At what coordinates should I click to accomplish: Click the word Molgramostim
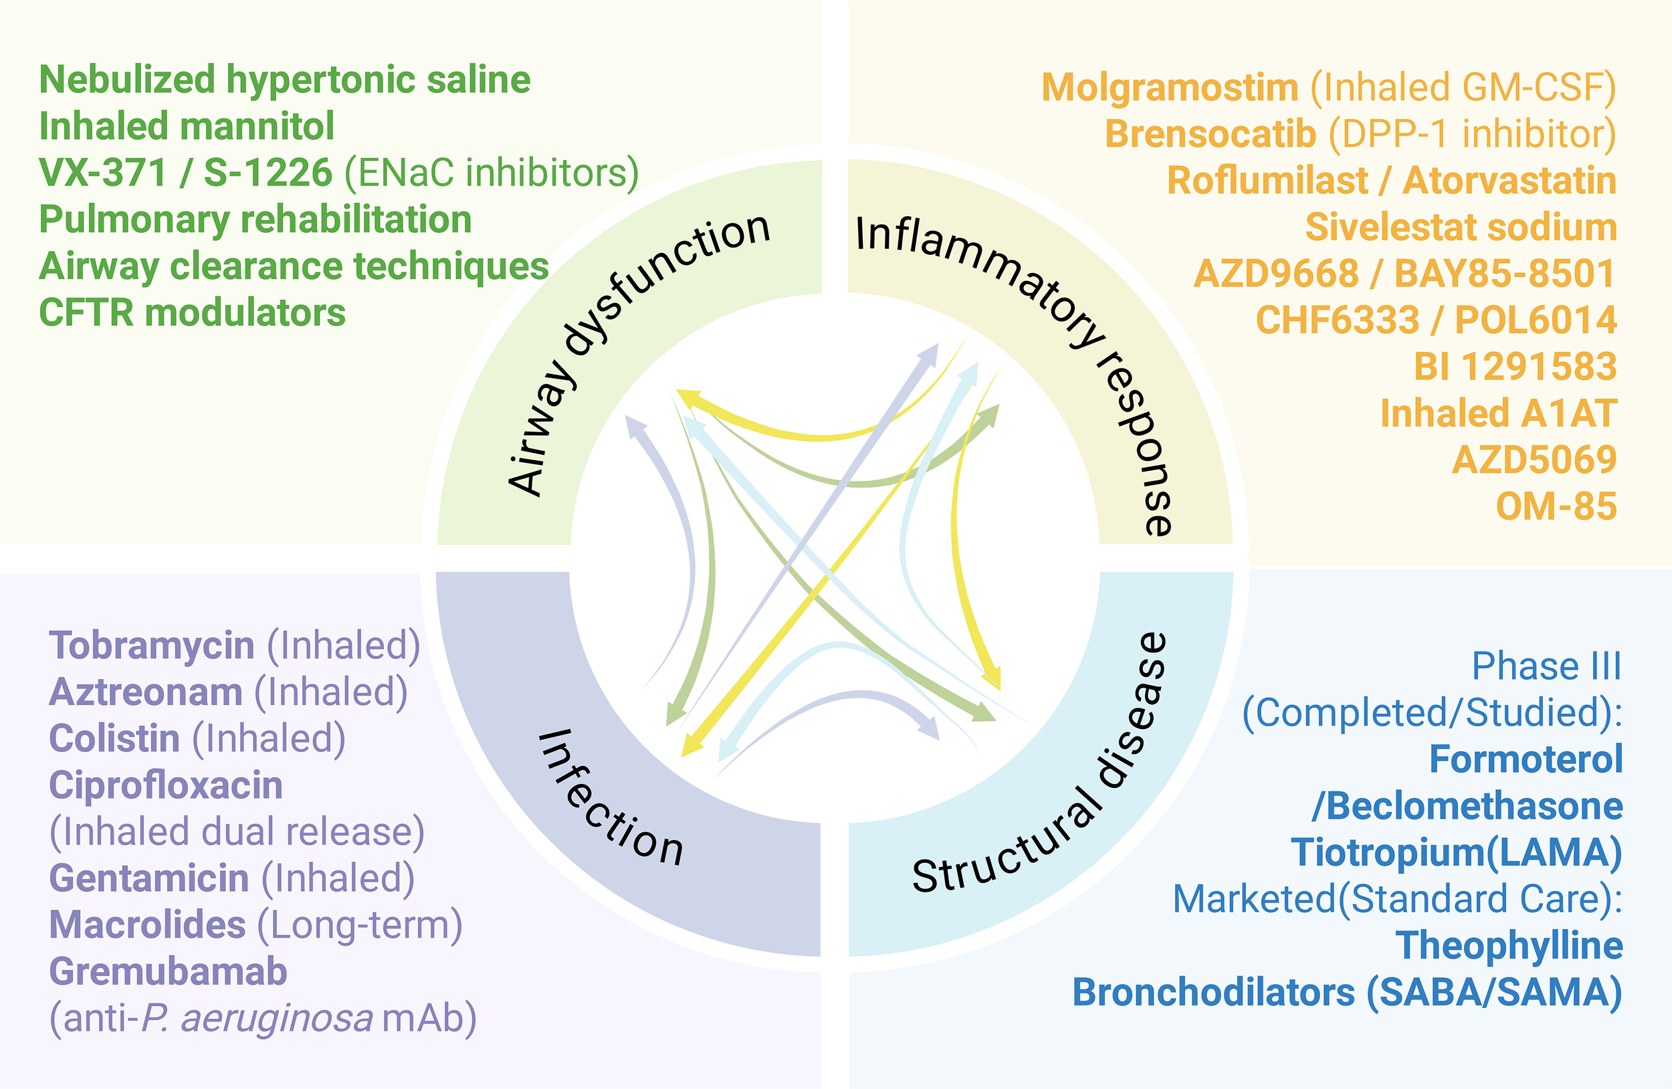tap(1170, 88)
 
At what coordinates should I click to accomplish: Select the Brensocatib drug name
tap(1210, 134)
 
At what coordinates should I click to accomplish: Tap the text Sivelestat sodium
tap(1461, 227)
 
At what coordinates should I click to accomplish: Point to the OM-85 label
tap(1556, 506)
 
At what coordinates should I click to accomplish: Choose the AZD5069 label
tap(1534, 460)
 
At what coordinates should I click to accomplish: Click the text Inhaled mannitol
tap(186, 126)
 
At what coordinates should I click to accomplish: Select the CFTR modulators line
tap(192, 312)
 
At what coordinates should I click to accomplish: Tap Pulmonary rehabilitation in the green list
tap(255, 220)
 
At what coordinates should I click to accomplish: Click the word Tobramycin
tap(151, 645)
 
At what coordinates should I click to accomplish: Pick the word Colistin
tap(114, 738)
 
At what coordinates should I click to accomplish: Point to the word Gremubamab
tap(168, 972)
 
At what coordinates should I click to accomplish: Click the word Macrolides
tap(148, 924)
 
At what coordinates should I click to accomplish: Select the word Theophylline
tap(1508, 946)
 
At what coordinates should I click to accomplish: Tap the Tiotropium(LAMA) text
tap(1457, 852)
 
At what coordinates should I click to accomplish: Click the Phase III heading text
tap(1546, 666)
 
